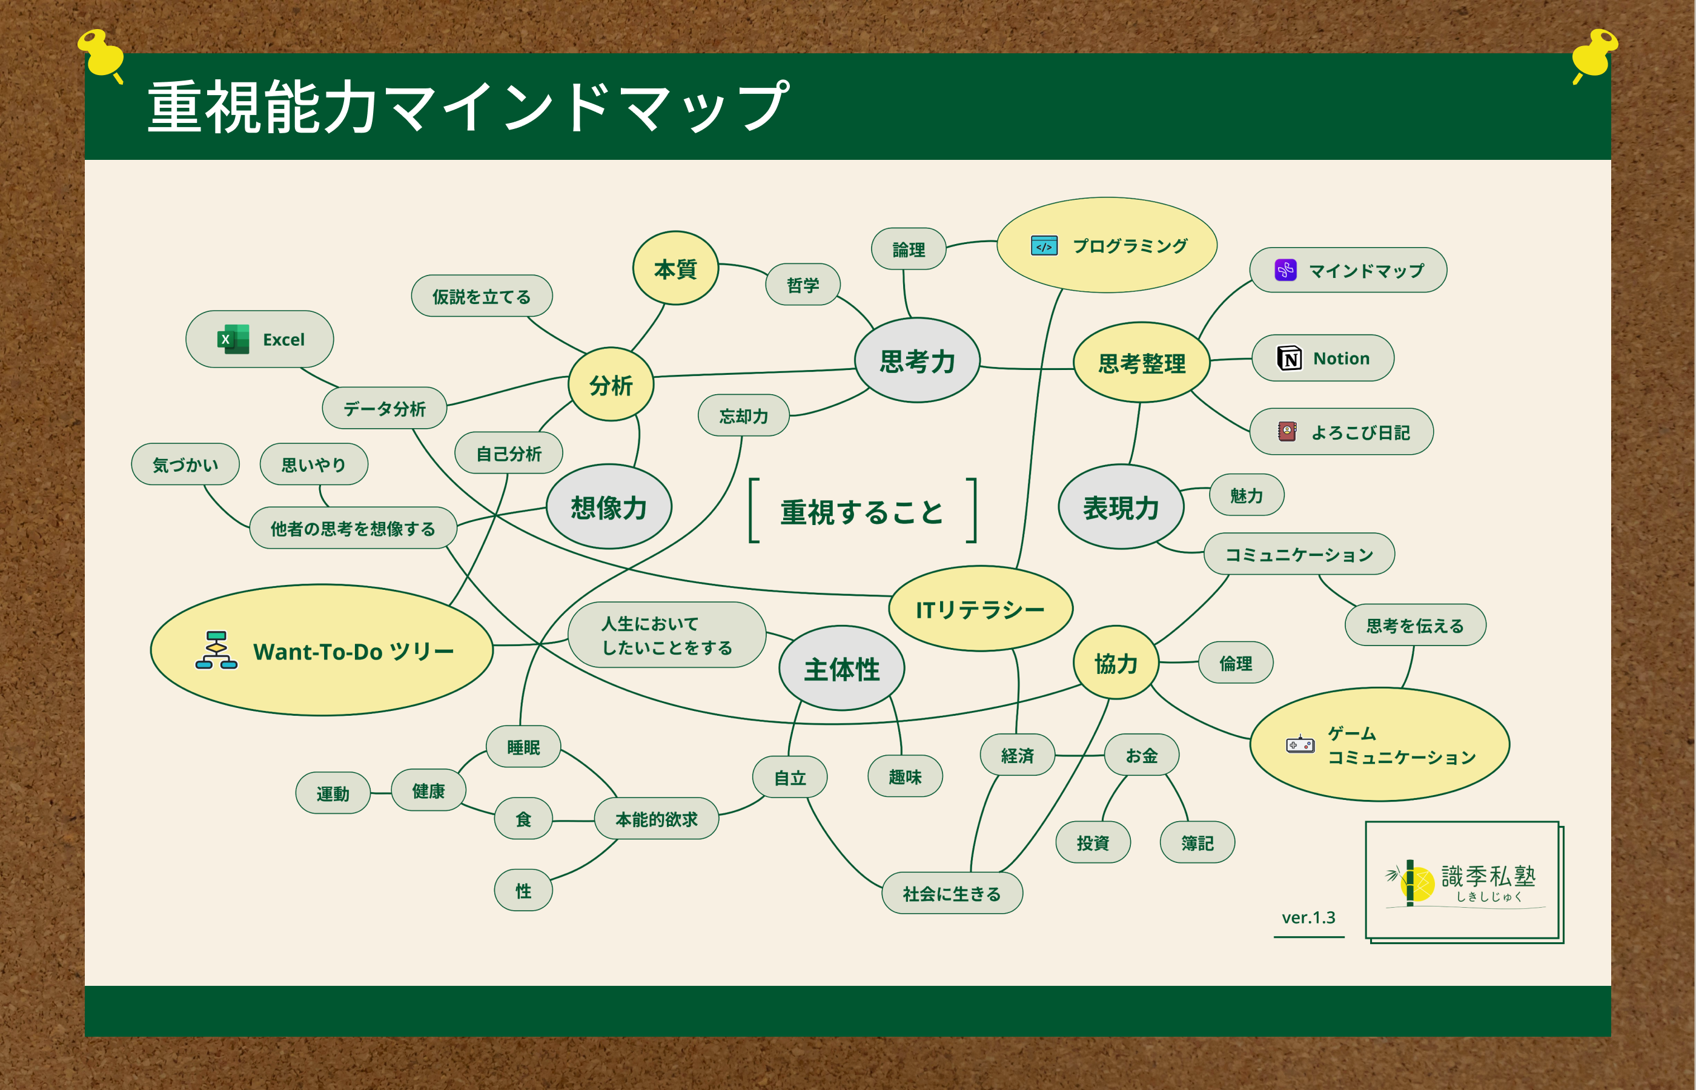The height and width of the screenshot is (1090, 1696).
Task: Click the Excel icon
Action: [233, 339]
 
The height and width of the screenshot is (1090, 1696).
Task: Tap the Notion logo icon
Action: [1289, 358]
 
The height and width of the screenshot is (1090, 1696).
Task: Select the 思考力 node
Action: [918, 360]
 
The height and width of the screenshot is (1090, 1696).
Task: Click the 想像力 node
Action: [609, 507]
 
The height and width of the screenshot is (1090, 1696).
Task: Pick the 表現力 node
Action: [1121, 507]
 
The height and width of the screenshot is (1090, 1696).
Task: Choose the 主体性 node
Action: [841, 668]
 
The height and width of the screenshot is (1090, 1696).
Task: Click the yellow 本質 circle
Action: [675, 268]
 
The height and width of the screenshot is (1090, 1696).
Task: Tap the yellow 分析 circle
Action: [611, 385]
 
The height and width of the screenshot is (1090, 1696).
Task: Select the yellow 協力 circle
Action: [1116, 662]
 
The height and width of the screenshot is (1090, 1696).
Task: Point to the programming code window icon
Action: [1044, 246]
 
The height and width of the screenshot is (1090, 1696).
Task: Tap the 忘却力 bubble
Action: [743, 415]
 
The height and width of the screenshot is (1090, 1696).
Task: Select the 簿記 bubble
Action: [1197, 842]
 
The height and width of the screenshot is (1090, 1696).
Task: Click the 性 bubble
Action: [523, 890]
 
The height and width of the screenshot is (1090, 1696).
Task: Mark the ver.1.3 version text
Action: [1309, 917]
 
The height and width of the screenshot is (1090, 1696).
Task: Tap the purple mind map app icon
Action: [1285, 269]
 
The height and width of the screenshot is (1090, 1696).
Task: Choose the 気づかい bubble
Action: [185, 464]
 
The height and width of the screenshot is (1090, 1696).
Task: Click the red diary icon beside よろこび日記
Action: [1287, 431]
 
